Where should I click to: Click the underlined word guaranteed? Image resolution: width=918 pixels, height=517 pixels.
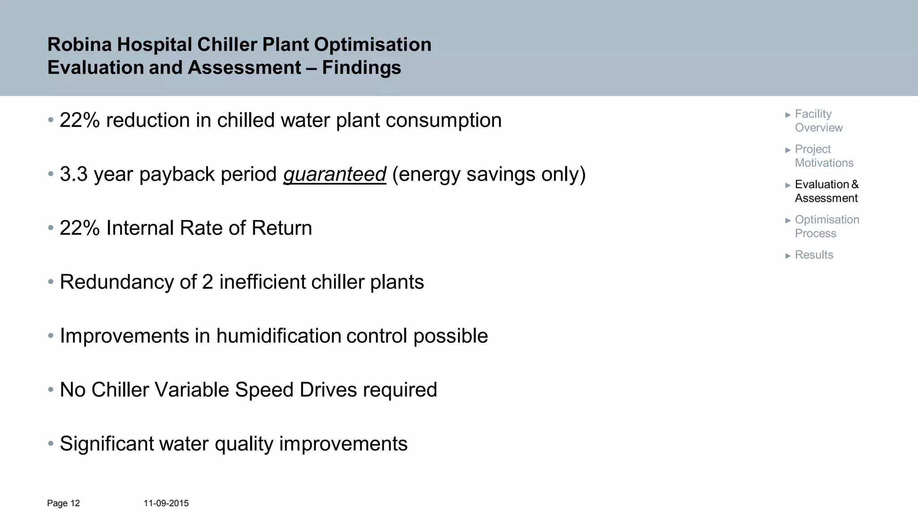(334, 174)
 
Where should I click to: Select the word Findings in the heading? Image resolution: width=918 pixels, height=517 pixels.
(361, 68)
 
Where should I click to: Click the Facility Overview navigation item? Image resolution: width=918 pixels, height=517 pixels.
(818, 121)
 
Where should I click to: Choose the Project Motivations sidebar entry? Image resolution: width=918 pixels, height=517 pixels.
(824, 156)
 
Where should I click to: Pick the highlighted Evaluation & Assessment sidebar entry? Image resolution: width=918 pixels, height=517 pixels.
(826, 191)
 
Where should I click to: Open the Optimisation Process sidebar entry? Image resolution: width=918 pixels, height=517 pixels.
(827, 226)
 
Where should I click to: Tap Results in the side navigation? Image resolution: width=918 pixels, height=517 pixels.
(814, 255)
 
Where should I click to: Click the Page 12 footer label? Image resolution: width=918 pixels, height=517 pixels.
(63, 504)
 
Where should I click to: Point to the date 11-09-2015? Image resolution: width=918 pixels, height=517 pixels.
(166, 504)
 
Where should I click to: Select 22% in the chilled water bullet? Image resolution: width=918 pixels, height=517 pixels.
(80, 120)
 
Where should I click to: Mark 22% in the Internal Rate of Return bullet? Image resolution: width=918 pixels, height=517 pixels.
(80, 228)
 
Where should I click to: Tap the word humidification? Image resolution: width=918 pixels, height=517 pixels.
(279, 336)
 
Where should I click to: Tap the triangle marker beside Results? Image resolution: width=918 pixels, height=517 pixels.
(788, 256)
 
